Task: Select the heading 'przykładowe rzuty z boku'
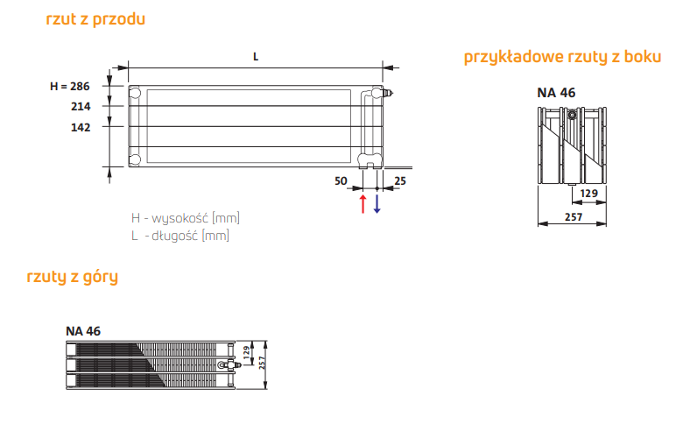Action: click(x=562, y=58)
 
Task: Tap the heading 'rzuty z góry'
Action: click(x=73, y=278)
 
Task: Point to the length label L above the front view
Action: click(x=256, y=56)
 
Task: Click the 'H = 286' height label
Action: click(x=70, y=86)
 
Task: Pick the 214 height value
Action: click(x=81, y=106)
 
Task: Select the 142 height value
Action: click(x=81, y=127)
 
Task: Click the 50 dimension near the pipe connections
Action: click(x=342, y=181)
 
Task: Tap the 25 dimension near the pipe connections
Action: click(x=399, y=181)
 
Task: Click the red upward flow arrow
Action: click(x=363, y=204)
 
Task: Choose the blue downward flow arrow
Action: click(x=377, y=204)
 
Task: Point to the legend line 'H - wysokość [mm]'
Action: click(x=185, y=218)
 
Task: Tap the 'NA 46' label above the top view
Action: click(x=83, y=330)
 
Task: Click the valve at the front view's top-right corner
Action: click(x=387, y=90)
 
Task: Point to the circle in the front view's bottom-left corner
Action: click(x=135, y=159)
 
